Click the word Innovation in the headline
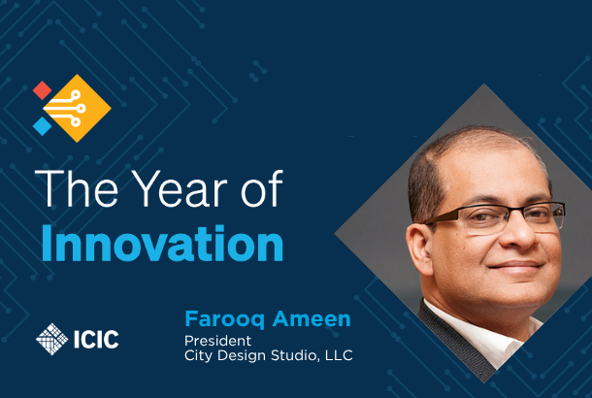point(162,244)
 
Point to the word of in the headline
point(262,188)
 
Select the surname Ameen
point(312,319)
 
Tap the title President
point(217,341)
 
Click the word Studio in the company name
point(289,355)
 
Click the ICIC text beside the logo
point(96,339)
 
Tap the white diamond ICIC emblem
point(52,339)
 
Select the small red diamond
point(43,90)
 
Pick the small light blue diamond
point(43,126)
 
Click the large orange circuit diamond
point(78,109)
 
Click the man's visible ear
point(420,249)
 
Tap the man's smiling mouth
point(516,266)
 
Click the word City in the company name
point(198,355)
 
